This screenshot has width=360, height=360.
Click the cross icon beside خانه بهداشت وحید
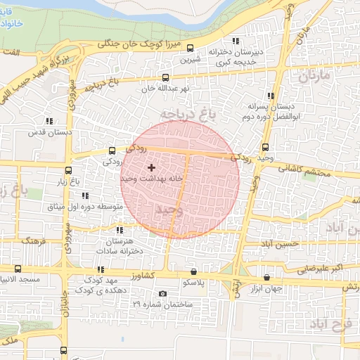tap(151, 167)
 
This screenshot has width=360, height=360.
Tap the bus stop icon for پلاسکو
tap(193, 271)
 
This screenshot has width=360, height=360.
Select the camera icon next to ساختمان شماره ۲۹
tap(163, 294)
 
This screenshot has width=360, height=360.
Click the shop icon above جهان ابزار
tap(266, 276)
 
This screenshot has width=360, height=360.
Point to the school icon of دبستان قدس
tap(49, 121)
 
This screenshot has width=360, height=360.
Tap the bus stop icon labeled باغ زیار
tap(68, 170)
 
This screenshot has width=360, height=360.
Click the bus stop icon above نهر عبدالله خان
tap(165, 78)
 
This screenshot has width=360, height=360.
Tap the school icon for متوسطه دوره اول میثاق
tap(85, 195)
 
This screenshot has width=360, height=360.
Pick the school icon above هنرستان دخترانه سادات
tap(120, 230)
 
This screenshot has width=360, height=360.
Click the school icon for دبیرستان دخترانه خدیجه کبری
tap(236, 41)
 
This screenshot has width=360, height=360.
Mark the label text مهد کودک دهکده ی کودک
tap(89, 285)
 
